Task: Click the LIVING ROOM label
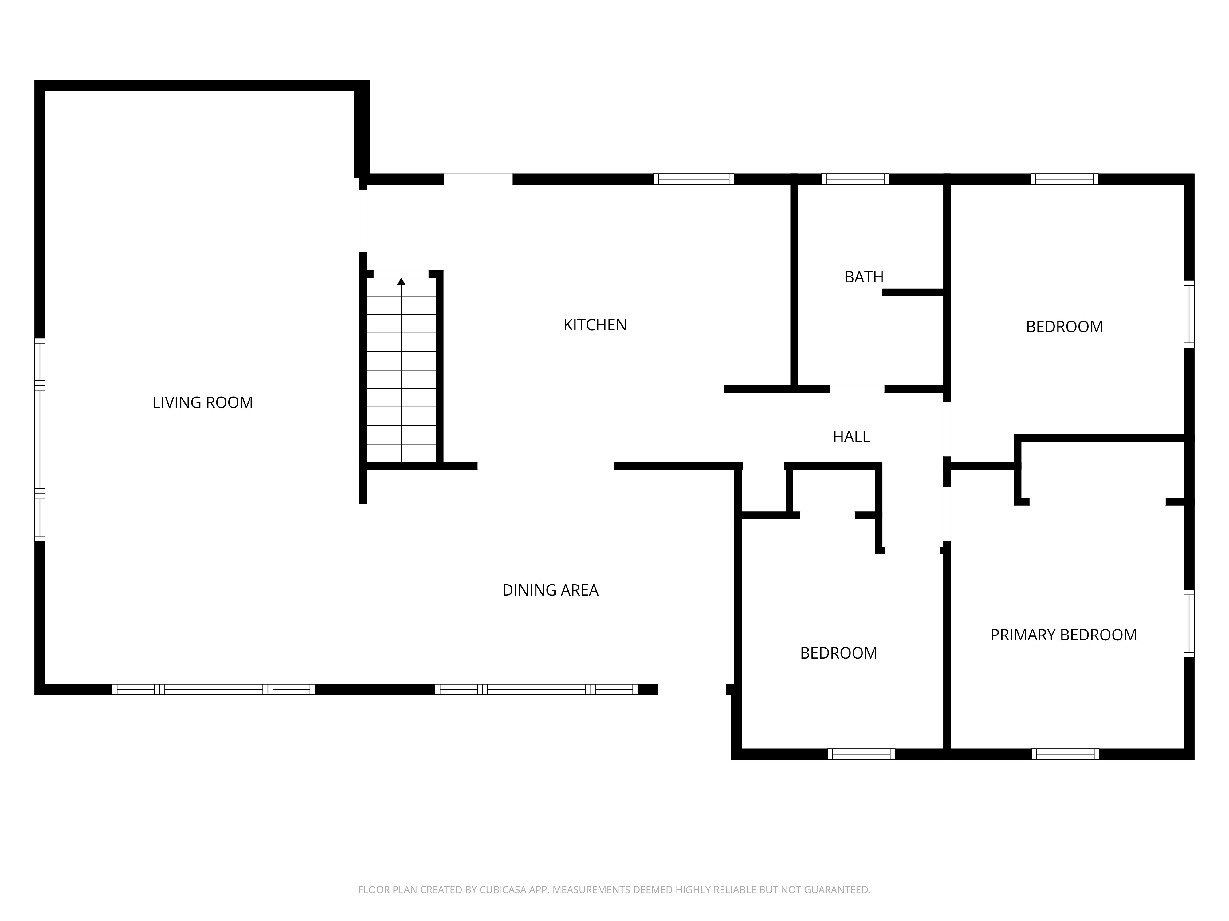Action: [x=203, y=402]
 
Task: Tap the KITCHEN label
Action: [x=595, y=325]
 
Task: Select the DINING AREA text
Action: [x=550, y=590]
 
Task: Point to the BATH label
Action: [x=864, y=277]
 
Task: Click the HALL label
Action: [x=851, y=437]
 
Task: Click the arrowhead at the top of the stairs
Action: [x=401, y=282]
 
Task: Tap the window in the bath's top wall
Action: [x=855, y=179]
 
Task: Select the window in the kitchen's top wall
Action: [x=693, y=179]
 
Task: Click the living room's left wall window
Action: [x=39, y=439]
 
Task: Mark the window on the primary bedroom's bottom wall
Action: [x=1065, y=754]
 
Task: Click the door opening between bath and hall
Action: [x=857, y=389]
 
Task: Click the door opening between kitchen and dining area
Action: [x=546, y=466]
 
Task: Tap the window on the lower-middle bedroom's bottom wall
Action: [x=861, y=754]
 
